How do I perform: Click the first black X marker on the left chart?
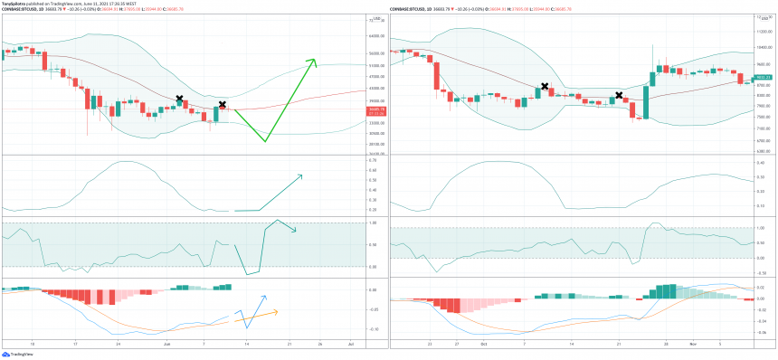click(179, 98)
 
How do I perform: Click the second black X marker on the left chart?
click(223, 104)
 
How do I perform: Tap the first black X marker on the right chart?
click(545, 86)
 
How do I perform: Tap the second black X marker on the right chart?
click(619, 95)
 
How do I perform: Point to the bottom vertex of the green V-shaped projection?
click(266, 141)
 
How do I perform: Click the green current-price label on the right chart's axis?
click(763, 78)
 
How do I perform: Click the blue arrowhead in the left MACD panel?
click(265, 297)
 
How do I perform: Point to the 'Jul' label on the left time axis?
click(351, 345)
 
